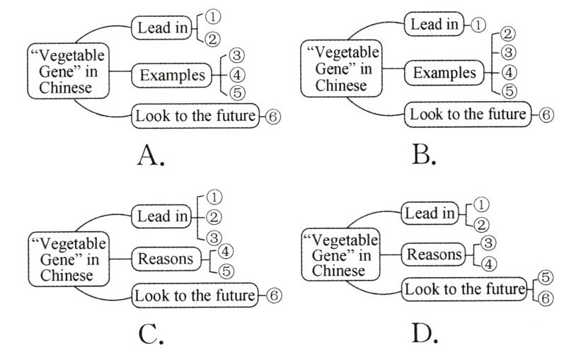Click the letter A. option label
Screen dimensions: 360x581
(150, 156)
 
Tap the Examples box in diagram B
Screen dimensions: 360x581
(444, 72)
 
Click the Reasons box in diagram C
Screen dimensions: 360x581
(166, 259)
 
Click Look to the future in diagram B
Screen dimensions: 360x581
(468, 114)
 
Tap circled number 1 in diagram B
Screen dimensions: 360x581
(479, 25)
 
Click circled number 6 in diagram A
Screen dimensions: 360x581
(273, 117)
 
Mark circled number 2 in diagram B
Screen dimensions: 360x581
(507, 33)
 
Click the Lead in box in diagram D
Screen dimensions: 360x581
(429, 213)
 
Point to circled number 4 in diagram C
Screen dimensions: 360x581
(226, 250)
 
